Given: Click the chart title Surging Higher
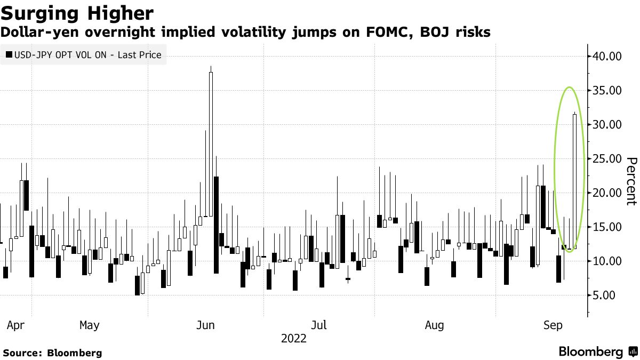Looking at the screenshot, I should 77,13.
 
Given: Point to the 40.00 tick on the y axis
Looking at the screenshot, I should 608,57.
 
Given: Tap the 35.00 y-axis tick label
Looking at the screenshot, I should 608,91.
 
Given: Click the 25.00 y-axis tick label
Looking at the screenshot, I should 608,159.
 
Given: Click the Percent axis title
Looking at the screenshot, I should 631,181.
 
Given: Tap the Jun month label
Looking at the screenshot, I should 205,325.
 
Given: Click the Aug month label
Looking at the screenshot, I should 435,325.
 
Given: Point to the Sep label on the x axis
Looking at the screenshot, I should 553,325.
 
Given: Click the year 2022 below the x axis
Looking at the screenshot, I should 293,339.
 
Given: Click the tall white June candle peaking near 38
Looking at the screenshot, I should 211,144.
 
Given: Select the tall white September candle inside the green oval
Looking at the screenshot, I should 574,181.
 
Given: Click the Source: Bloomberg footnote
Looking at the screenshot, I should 52,353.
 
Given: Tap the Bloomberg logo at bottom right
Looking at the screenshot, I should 597,351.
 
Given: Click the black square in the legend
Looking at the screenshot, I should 9,54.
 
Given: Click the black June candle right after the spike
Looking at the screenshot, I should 216,224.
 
